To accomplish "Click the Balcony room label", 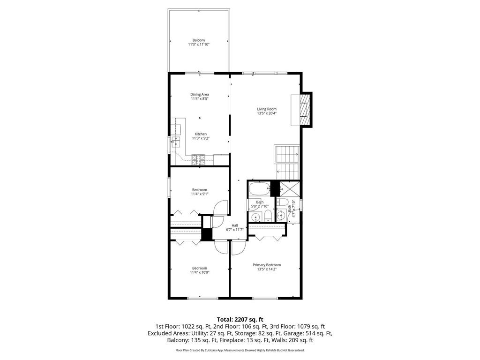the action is pos(199,40).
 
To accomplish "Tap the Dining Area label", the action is pos(200,94).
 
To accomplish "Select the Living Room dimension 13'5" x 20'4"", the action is pos(267,113).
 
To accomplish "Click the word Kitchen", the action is pos(201,134).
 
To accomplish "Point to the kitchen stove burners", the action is pos(198,160).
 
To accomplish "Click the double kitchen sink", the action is pos(176,142).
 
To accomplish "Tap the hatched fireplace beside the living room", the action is pos(305,110).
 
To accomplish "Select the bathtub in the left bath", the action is pos(259,189).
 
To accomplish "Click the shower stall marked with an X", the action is pos(289,188).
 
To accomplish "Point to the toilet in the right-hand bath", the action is pos(282,202).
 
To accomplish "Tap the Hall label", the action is pos(235,225).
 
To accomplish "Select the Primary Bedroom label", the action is pos(267,265).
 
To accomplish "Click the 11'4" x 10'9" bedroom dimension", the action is pos(200,272).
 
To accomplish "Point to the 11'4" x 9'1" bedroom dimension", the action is pos(200,194).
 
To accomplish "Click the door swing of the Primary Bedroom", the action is pos(237,248).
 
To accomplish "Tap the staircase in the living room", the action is pos(287,162).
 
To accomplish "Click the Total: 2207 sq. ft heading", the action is pos(240,320).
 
